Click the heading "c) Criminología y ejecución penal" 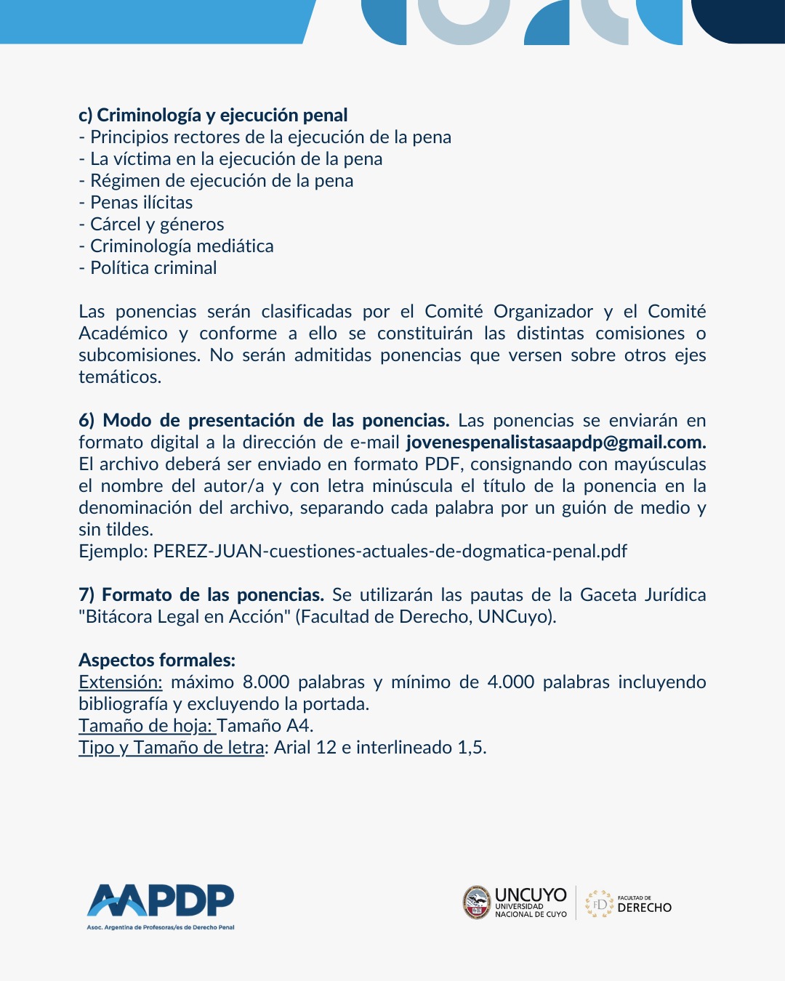click(x=213, y=116)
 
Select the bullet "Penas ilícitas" click(x=141, y=203)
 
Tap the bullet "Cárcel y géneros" click(x=157, y=225)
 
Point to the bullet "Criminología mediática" click(x=182, y=246)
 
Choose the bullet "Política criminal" click(x=153, y=268)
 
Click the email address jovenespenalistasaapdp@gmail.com click(x=556, y=443)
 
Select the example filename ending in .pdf click(x=390, y=552)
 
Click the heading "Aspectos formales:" click(x=157, y=661)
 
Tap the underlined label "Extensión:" click(x=121, y=682)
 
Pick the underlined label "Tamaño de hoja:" click(x=146, y=726)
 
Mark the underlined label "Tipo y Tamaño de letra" click(x=172, y=748)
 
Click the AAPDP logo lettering click(x=161, y=901)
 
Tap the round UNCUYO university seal click(x=477, y=903)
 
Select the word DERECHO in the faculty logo click(x=644, y=908)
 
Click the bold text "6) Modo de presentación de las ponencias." click(x=264, y=421)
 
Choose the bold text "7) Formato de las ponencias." click(x=201, y=595)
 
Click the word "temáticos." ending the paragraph click(x=120, y=377)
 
